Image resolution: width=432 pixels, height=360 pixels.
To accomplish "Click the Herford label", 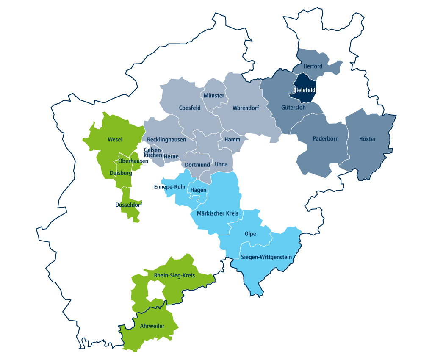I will (x=313, y=66).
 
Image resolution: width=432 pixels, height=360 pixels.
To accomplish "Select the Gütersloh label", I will (x=293, y=108).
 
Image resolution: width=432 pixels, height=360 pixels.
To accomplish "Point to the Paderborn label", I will (x=326, y=139).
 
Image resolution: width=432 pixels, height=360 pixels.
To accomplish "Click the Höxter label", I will (x=367, y=139).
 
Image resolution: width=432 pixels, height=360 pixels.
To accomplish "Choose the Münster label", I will (x=214, y=96).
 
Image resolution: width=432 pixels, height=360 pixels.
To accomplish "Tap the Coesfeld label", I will (x=190, y=108).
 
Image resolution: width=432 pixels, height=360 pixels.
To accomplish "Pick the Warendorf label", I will (x=246, y=108).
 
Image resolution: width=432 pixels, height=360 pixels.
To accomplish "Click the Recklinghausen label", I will (x=166, y=140).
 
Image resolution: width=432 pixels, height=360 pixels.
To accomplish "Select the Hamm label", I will (x=233, y=140).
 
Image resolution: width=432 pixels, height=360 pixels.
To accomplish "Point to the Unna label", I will (x=221, y=164).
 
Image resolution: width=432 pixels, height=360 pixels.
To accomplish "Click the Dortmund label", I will (x=197, y=165).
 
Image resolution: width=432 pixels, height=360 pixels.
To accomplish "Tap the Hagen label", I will (x=198, y=190).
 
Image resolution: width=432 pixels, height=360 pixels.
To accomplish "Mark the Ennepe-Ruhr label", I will (x=170, y=187).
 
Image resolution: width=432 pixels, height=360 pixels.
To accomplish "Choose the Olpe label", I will (x=250, y=234).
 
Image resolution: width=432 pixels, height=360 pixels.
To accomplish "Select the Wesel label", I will (x=115, y=139).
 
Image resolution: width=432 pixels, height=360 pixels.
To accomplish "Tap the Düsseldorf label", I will (x=129, y=205).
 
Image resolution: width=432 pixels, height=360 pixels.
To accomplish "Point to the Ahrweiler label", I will (x=152, y=326).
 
